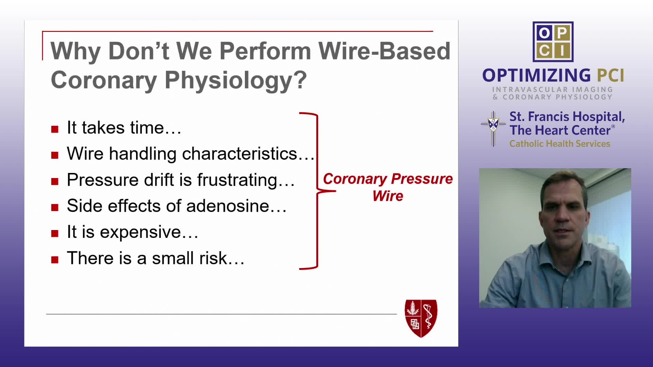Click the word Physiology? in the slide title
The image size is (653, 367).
pos(236,81)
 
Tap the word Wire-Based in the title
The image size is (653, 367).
pos(384,51)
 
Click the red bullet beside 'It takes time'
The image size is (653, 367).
pos(55,129)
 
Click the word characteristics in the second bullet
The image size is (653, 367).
pos(239,154)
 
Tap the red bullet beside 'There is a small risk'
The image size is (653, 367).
pos(55,260)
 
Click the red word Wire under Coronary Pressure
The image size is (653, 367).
pos(388,196)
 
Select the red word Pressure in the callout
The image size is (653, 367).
pos(422,179)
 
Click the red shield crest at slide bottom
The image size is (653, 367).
pos(421,318)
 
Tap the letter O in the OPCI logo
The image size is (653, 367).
pos(544,33)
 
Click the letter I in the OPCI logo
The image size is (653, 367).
pos(562,51)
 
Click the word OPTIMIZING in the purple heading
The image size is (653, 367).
pos(537,75)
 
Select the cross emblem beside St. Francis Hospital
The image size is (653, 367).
pos(493,128)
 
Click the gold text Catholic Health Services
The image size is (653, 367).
pos(560,144)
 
